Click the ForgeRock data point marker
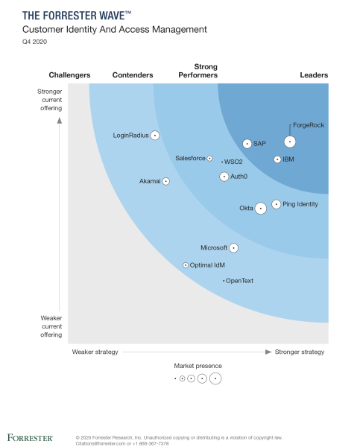[x=290, y=142]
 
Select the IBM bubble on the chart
[x=277, y=159]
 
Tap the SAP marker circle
[x=247, y=144]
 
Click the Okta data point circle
[x=260, y=209]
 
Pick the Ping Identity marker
[x=277, y=204]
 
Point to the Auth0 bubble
[x=224, y=177]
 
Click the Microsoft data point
[x=233, y=248]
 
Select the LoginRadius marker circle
[x=155, y=136]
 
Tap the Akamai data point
[x=166, y=181]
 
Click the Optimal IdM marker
[x=186, y=265]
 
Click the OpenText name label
[x=240, y=281]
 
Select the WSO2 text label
[x=234, y=162]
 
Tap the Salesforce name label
[x=190, y=159]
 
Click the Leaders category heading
[x=314, y=75]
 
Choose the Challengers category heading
[x=69, y=75]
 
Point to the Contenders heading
[x=133, y=75]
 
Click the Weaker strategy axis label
[x=95, y=352]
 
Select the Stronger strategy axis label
[x=301, y=352]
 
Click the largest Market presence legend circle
[x=215, y=378]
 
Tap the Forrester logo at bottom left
[x=30, y=437]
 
